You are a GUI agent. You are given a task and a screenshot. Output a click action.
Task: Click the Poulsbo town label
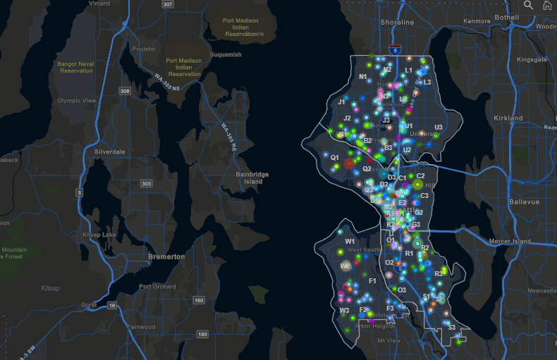click(x=143, y=49)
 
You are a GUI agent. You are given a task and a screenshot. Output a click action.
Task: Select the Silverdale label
click(x=109, y=151)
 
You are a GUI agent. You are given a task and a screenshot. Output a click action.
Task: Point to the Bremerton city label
click(x=166, y=256)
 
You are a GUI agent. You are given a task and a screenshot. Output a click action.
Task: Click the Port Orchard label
click(x=157, y=286)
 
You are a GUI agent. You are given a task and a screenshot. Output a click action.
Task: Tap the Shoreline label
click(x=397, y=23)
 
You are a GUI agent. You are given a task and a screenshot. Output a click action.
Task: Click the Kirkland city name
click(x=508, y=118)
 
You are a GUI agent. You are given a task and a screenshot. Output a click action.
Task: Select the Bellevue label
click(x=524, y=201)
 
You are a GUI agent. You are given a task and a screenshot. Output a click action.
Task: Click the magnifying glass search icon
click(x=528, y=5)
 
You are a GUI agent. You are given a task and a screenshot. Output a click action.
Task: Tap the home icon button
click(x=546, y=5)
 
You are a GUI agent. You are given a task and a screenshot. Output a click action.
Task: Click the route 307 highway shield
click(x=167, y=4)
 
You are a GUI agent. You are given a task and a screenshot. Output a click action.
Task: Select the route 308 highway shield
click(x=125, y=91)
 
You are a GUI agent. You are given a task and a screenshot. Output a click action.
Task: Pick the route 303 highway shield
click(x=146, y=184)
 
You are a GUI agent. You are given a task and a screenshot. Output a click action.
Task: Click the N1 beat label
click(x=363, y=77)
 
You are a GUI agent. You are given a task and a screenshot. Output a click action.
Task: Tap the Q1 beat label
click(x=335, y=158)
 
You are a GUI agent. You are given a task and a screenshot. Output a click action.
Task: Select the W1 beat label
click(x=350, y=241)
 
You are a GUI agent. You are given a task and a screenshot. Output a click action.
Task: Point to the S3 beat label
click(x=452, y=327)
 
